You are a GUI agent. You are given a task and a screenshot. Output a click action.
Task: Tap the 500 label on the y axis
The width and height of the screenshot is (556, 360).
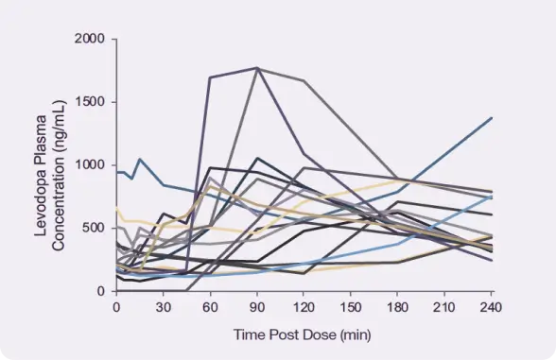(x=96, y=228)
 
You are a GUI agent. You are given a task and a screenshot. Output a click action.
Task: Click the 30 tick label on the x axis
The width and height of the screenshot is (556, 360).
(x=163, y=307)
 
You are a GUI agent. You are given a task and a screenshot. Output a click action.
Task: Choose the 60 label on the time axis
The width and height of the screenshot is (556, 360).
(x=210, y=307)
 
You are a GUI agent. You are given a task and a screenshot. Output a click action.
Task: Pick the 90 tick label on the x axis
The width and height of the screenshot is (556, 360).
(x=256, y=307)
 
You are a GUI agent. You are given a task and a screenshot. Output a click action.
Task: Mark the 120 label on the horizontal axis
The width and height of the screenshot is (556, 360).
(x=304, y=307)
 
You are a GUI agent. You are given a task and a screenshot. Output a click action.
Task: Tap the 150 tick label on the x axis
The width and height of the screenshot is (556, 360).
(x=351, y=307)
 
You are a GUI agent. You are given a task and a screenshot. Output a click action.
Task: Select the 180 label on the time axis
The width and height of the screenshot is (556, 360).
(x=397, y=307)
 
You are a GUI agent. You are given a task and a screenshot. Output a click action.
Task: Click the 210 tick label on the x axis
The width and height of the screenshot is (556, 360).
(x=444, y=307)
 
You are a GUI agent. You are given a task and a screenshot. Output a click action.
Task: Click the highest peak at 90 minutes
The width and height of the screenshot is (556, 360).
(x=257, y=68)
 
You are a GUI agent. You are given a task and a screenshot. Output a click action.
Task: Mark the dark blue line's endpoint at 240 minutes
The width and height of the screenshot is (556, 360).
(x=492, y=118)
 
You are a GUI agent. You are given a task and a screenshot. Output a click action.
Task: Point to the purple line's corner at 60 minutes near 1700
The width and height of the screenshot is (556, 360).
(x=210, y=77)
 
